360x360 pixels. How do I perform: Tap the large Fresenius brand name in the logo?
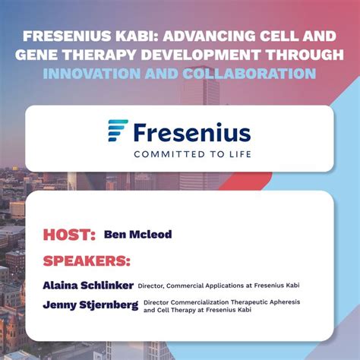pyautogui.click(x=191, y=133)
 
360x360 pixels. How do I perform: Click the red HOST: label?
pyautogui.click(x=69, y=234)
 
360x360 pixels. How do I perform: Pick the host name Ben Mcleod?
pyautogui.click(x=137, y=235)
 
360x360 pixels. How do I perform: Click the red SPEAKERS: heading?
pyautogui.click(x=87, y=261)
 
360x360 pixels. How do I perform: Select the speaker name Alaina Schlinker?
pyautogui.click(x=88, y=286)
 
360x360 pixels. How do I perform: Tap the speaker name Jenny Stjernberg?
pyautogui.click(x=90, y=306)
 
